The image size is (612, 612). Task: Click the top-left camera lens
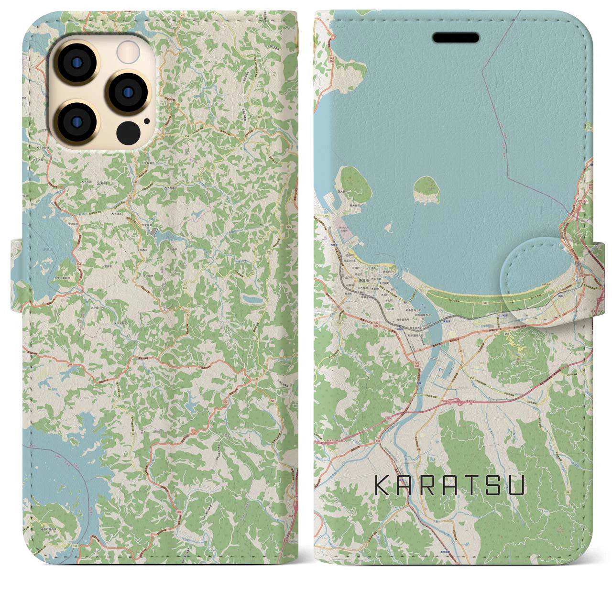tap(76, 63)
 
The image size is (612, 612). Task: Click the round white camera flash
tap(127, 50)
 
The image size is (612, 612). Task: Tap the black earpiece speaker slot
tap(456, 37)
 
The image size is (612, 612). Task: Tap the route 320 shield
tap(339, 323)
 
